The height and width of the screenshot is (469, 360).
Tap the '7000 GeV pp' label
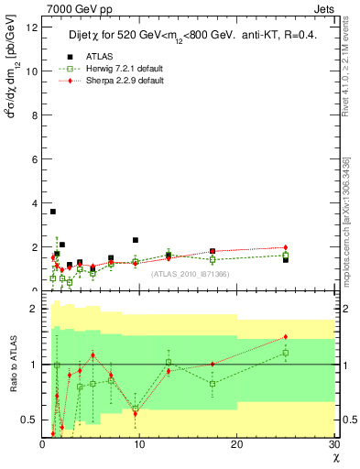(71, 9)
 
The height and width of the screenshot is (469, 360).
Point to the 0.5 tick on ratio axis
(29, 420)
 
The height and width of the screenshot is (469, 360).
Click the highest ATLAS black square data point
(52, 212)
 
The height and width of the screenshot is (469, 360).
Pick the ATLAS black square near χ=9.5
(136, 240)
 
